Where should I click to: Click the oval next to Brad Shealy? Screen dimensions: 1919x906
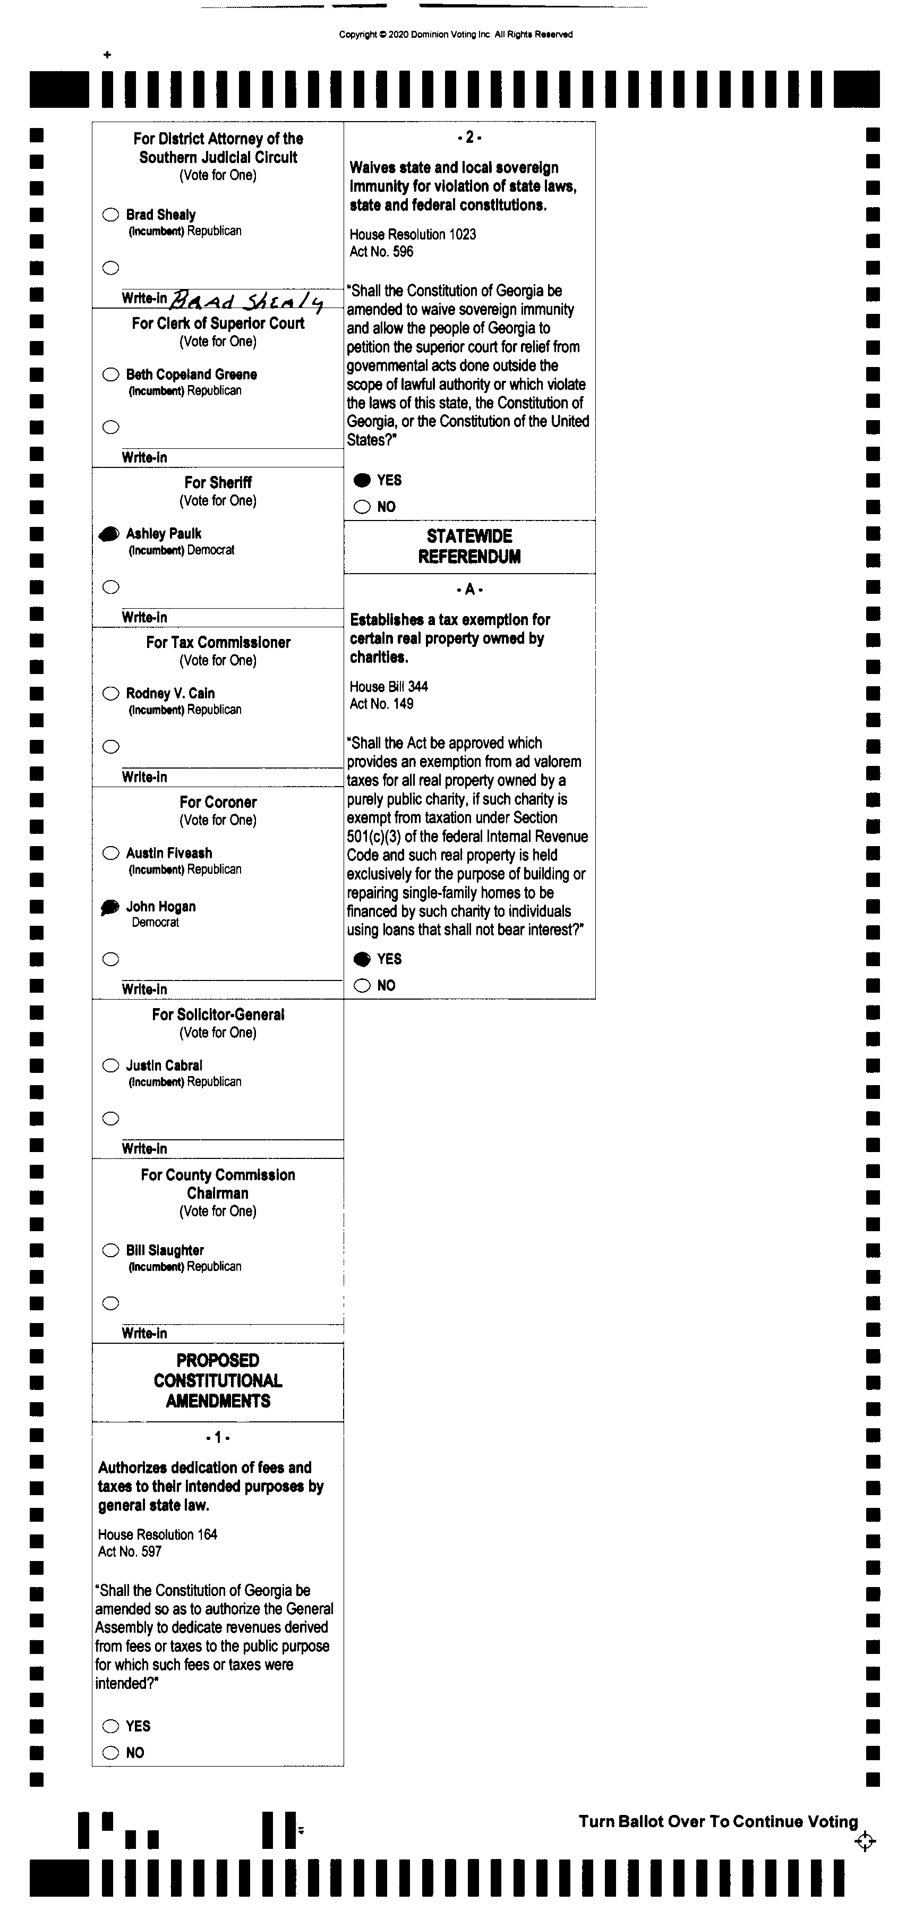tap(110, 215)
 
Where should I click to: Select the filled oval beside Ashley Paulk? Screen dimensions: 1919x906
tap(109, 533)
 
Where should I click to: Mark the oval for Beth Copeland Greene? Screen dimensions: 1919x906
tap(110, 374)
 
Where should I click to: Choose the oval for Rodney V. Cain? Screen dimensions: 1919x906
tap(110, 694)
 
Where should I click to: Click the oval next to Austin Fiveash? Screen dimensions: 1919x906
tap(110, 853)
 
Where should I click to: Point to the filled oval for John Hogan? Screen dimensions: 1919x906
tap(109, 907)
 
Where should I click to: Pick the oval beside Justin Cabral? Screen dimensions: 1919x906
tap(110, 1065)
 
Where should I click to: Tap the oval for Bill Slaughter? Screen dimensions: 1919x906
tap(110, 1250)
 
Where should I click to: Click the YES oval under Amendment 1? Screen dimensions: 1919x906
tap(110, 1726)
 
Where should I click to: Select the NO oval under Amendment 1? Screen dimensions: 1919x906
tap(110, 1753)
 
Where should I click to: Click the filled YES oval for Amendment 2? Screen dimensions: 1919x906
tap(362, 481)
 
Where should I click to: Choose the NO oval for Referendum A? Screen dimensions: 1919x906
tap(362, 986)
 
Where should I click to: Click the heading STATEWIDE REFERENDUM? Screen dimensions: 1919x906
tap(469, 546)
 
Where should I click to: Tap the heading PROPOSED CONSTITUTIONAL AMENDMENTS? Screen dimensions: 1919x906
tap(218, 1380)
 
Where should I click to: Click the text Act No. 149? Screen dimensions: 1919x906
tap(381, 704)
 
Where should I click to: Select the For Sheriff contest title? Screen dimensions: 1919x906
tap(218, 482)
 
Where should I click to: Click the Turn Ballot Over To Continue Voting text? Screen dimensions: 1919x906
tap(718, 1821)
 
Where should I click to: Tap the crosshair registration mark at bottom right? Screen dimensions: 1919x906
tap(865, 1841)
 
